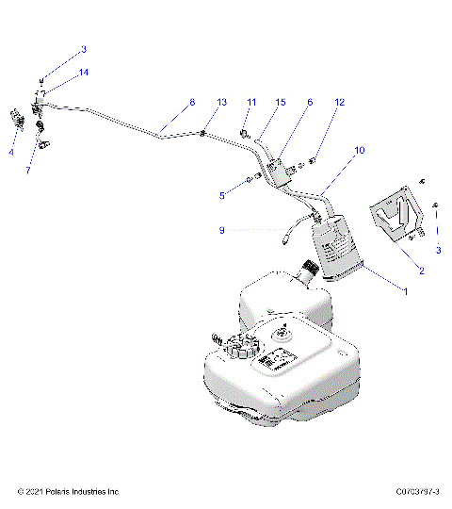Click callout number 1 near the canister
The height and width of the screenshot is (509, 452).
click(406, 292)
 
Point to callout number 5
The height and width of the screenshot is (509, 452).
click(222, 195)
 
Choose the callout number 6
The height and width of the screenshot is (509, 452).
click(310, 102)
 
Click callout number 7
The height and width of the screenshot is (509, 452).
click(29, 171)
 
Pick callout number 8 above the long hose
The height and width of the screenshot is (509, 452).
click(192, 102)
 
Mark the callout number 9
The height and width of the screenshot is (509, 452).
click(221, 229)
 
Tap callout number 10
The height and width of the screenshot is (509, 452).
click(360, 150)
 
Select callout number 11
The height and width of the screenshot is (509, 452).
click(251, 102)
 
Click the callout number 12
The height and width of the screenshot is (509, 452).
click(340, 102)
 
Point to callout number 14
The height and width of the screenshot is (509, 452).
click(84, 72)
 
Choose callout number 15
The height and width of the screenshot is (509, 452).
click(281, 102)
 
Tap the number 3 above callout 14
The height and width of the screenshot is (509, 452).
click(84, 49)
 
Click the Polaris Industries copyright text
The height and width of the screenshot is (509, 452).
click(69, 491)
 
